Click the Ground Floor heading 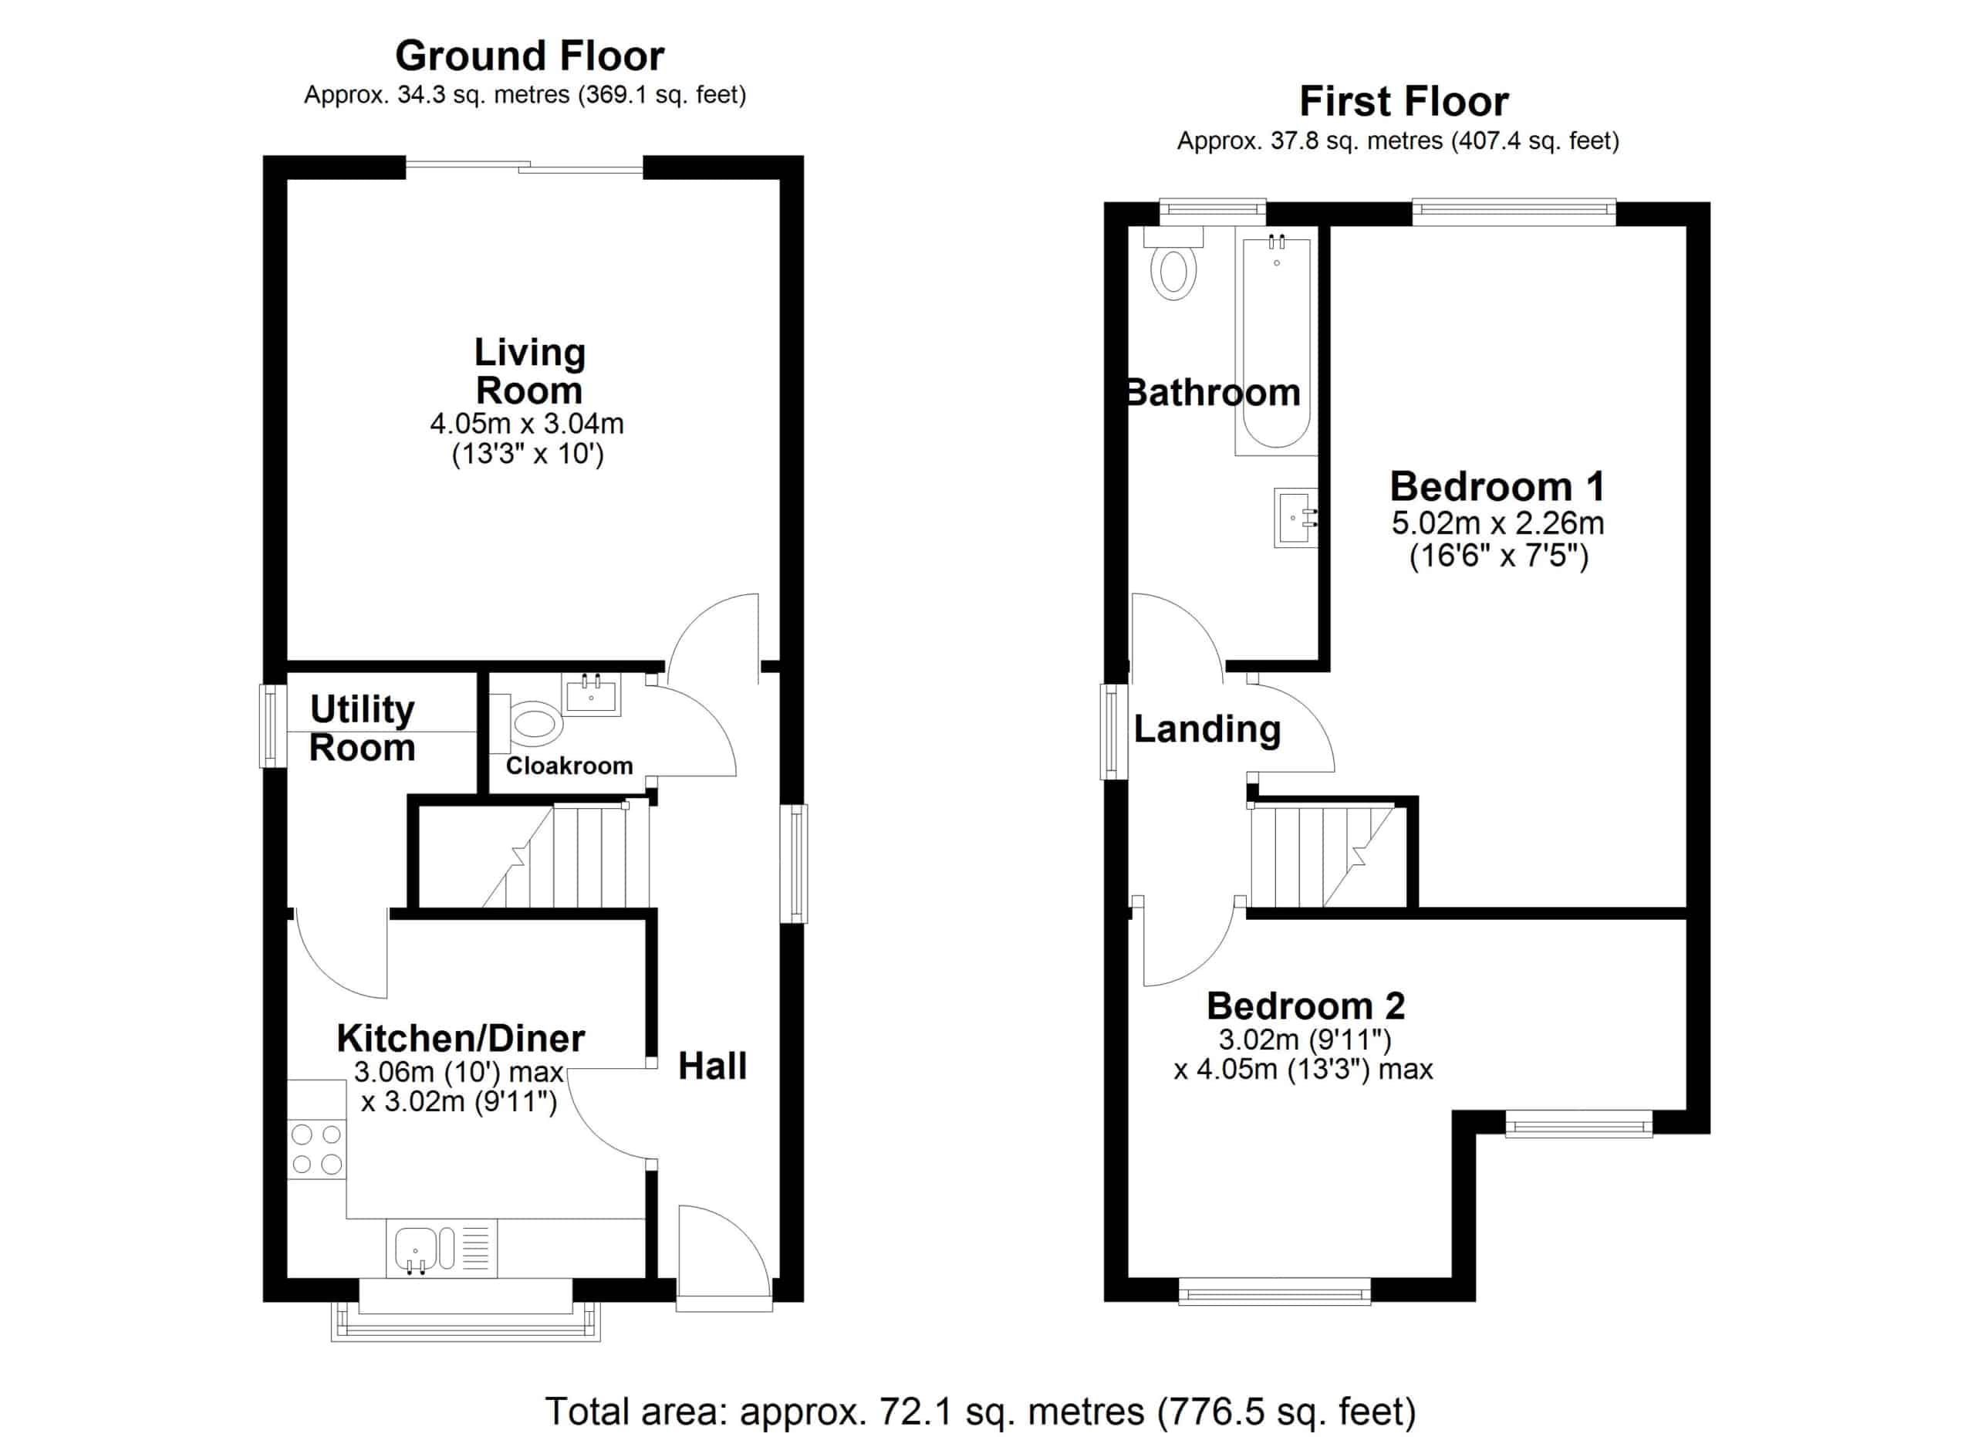click(x=529, y=56)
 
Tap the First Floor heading click(x=1404, y=102)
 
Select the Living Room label click(x=529, y=372)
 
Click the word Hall click(x=712, y=1066)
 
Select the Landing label click(x=1207, y=729)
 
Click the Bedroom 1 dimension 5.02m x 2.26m click(x=1497, y=523)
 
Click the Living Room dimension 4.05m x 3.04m click(x=527, y=424)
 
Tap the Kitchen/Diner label click(x=461, y=1038)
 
